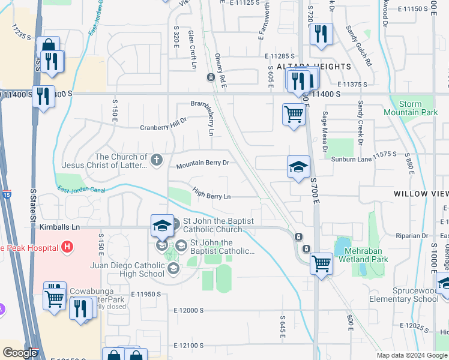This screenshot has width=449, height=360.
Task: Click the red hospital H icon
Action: click(67, 247)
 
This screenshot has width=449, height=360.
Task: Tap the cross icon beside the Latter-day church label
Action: click(157, 160)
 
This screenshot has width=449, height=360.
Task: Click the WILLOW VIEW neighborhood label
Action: click(421, 194)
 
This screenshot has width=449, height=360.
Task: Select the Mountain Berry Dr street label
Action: click(203, 163)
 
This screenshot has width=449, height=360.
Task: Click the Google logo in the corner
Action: click(20, 353)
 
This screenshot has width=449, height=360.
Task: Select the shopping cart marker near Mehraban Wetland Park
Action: click(322, 263)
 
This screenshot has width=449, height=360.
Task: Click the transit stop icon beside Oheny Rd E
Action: click(211, 77)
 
